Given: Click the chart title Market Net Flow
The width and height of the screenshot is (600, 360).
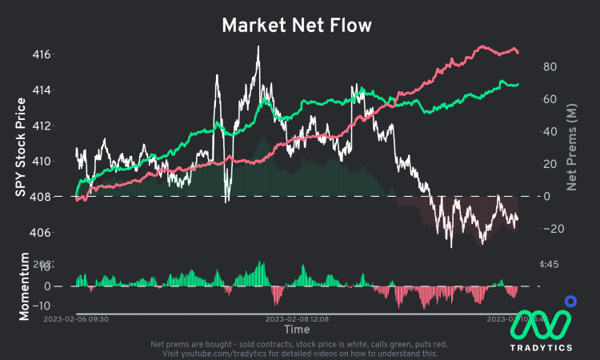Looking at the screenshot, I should coord(297,26).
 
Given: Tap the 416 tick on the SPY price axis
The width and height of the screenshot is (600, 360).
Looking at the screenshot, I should coord(63,54).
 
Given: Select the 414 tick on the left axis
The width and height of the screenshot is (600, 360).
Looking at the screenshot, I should coord(63,90).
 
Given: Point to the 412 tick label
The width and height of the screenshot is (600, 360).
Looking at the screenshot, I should coord(63,126).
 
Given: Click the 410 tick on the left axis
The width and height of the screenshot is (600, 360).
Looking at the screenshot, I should coord(63,161).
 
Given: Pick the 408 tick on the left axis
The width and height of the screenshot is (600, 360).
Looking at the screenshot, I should coord(63,197).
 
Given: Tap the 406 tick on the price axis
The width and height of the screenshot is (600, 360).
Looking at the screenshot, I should coord(63,232).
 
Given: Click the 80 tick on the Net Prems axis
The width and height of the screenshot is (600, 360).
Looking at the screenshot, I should coord(549,67).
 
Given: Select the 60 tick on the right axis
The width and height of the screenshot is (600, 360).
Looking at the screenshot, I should coord(549,99).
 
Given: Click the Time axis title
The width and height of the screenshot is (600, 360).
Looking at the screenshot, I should coord(297,329).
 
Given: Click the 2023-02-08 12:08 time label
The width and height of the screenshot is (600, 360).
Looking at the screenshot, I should coord(297,318).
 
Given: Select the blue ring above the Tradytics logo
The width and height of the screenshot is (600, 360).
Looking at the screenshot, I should coord(570,302).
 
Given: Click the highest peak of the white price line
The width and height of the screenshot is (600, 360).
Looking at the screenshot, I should coord(258,47).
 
